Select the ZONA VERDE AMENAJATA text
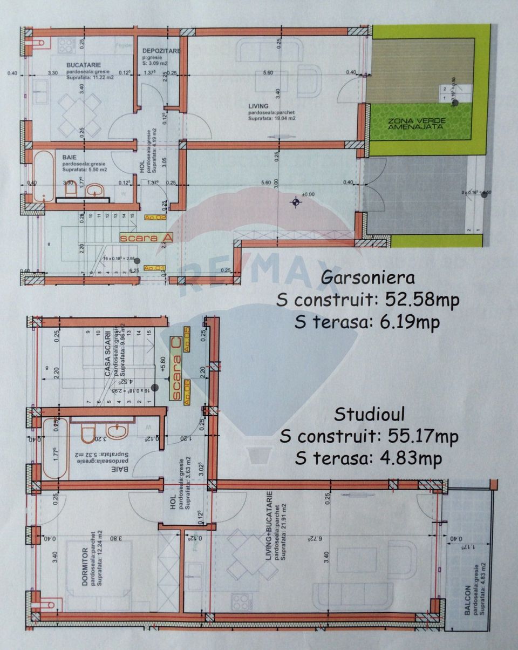tap(415, 123)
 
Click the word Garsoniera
tap(368, 277)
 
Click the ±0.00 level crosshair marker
tap(295, 202)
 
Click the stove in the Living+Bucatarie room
tap(241, 601)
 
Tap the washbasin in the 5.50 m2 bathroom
tap(96, 189)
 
